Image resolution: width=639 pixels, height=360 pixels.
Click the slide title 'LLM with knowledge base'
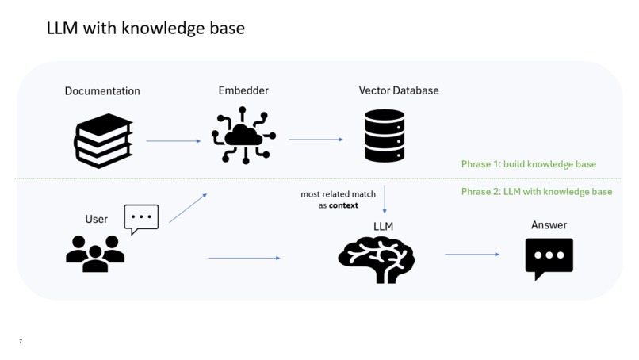146,29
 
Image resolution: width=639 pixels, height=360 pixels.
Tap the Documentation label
102,91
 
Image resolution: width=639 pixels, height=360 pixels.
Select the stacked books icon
104,140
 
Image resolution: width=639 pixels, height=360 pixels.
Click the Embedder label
243,90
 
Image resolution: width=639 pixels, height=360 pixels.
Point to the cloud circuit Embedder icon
243,136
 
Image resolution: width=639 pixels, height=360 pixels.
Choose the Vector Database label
399,90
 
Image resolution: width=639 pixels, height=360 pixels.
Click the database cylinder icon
385,136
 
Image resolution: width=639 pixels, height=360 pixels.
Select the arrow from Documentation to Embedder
174,141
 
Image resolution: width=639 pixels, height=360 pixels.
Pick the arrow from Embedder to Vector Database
316,140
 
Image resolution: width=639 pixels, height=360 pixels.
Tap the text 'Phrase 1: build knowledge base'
529,164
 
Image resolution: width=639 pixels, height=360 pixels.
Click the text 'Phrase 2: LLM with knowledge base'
537,192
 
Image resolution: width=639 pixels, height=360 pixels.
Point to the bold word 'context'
343,205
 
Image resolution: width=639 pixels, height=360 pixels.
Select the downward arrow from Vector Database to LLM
385,199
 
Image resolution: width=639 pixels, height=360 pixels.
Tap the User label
96,220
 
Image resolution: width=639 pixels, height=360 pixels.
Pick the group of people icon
95,254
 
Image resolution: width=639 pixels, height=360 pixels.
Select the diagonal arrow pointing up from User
188,208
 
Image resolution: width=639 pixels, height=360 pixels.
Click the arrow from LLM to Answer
472,255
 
